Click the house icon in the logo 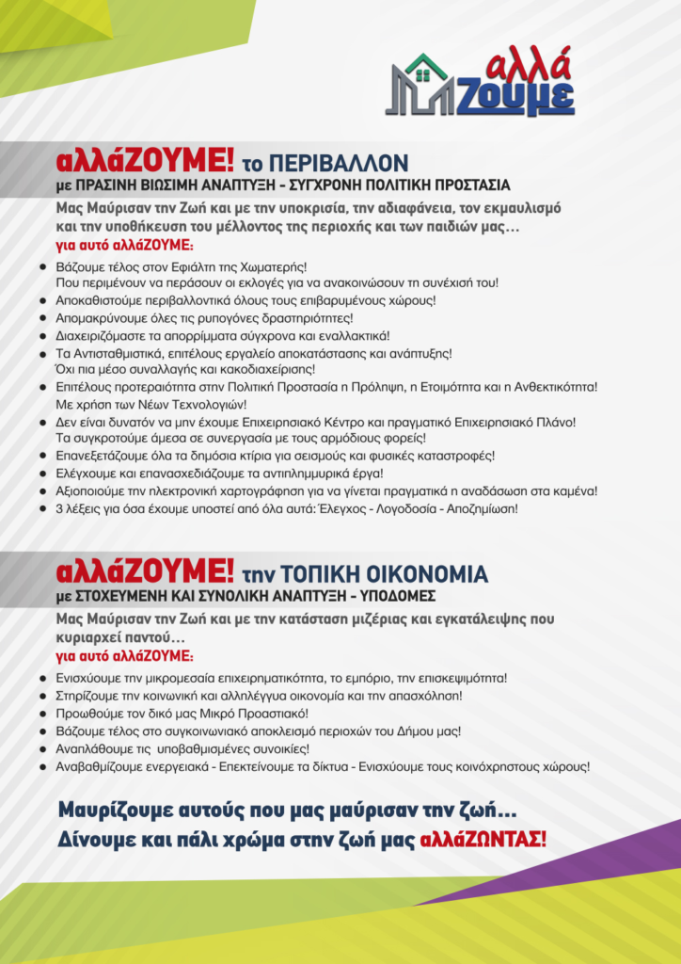click(x=425, y=79)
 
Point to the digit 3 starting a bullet click(x=59, y=508)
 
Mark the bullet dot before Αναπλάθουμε click(x=43, y=748)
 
